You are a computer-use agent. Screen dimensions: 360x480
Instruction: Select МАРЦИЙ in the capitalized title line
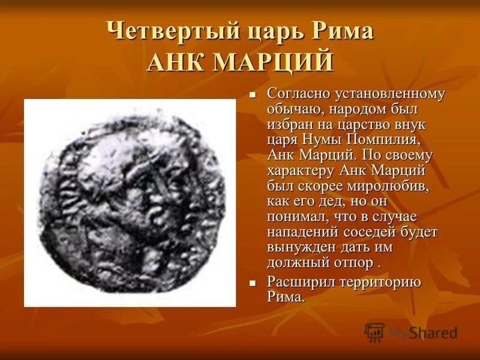click(272, 62)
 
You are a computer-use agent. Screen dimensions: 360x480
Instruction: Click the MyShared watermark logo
click(411, 332)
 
